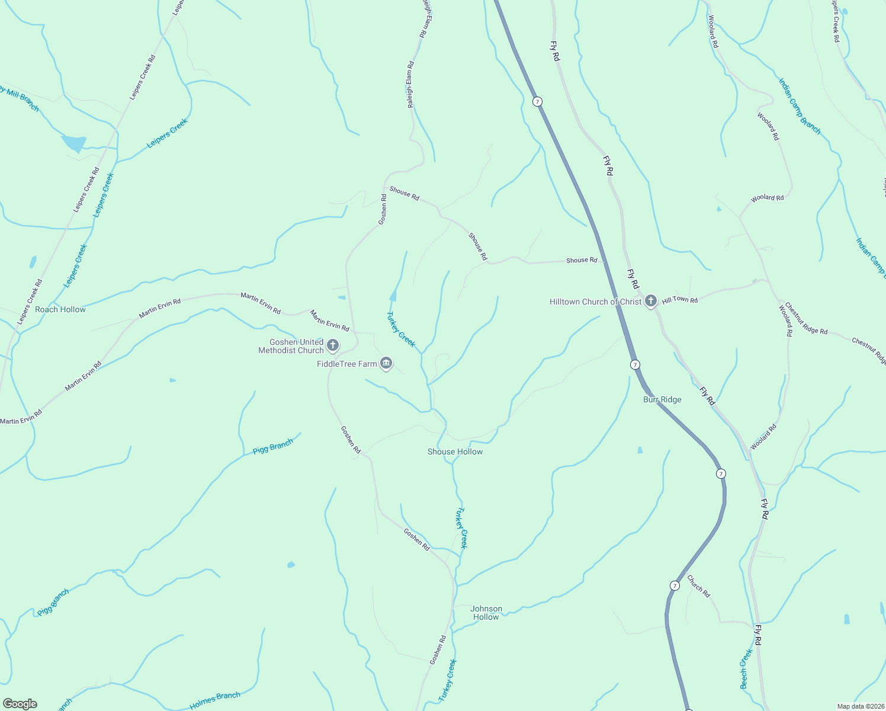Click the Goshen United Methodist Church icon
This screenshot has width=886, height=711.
click(333, 345)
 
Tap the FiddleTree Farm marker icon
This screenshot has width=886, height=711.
click(386, 364)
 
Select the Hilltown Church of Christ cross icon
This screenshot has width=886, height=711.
click(651, 301)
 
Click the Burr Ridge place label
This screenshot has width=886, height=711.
click(662, 400)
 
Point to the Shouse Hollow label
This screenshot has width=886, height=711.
click(455, 452)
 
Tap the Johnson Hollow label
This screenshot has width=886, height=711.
click(486, 613)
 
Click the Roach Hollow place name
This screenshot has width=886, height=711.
click(60, 310)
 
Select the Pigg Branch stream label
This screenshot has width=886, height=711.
click(273, 446)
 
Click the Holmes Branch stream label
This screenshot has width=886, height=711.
click(215, 700)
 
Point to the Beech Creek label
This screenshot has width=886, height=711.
click(746, 669)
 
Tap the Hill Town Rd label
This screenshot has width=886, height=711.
click(680, 300)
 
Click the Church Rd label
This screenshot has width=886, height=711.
click(698, 586)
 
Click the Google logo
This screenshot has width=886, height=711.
click(20, 704)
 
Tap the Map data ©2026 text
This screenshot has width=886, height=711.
click(860, 706)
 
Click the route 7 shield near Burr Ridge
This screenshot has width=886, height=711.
click(635, 364)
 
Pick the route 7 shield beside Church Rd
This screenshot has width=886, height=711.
click(675, 585)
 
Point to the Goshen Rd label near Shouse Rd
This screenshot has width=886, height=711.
click(383, 209)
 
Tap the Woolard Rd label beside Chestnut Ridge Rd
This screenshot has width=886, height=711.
click(785, 321)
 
